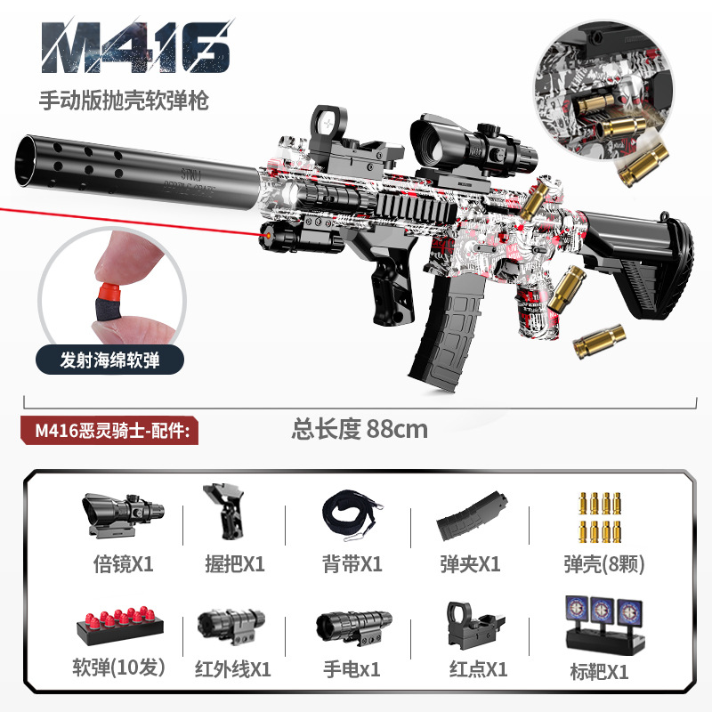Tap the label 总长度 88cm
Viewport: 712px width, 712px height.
click(x=360, y=429)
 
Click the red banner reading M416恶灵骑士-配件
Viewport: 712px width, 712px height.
click(x=112, y=429)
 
